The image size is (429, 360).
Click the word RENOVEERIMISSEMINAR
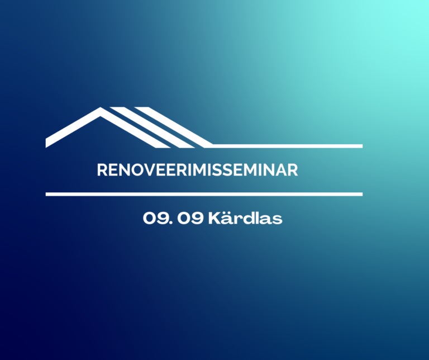(x=197, y=170)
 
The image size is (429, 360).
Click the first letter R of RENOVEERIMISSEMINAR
(x=102, y=170)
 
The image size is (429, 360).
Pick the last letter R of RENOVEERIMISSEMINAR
(x=293, y=170)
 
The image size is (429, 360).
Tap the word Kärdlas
(x=245, y=218)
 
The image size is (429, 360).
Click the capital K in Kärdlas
(x=214, y=219)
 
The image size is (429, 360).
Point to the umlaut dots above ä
(x=227, y=213)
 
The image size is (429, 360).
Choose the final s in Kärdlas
(x=277, y=220)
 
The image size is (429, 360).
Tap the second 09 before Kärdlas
(x=190, y=219)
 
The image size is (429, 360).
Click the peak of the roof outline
(x=101, y=107)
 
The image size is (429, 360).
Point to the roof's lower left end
(x=46, y=144)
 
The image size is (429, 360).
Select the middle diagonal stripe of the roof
(x=151, y=127)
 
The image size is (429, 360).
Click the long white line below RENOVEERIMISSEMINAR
(x=204, y=194)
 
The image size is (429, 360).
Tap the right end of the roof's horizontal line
(x=362, y=146)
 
